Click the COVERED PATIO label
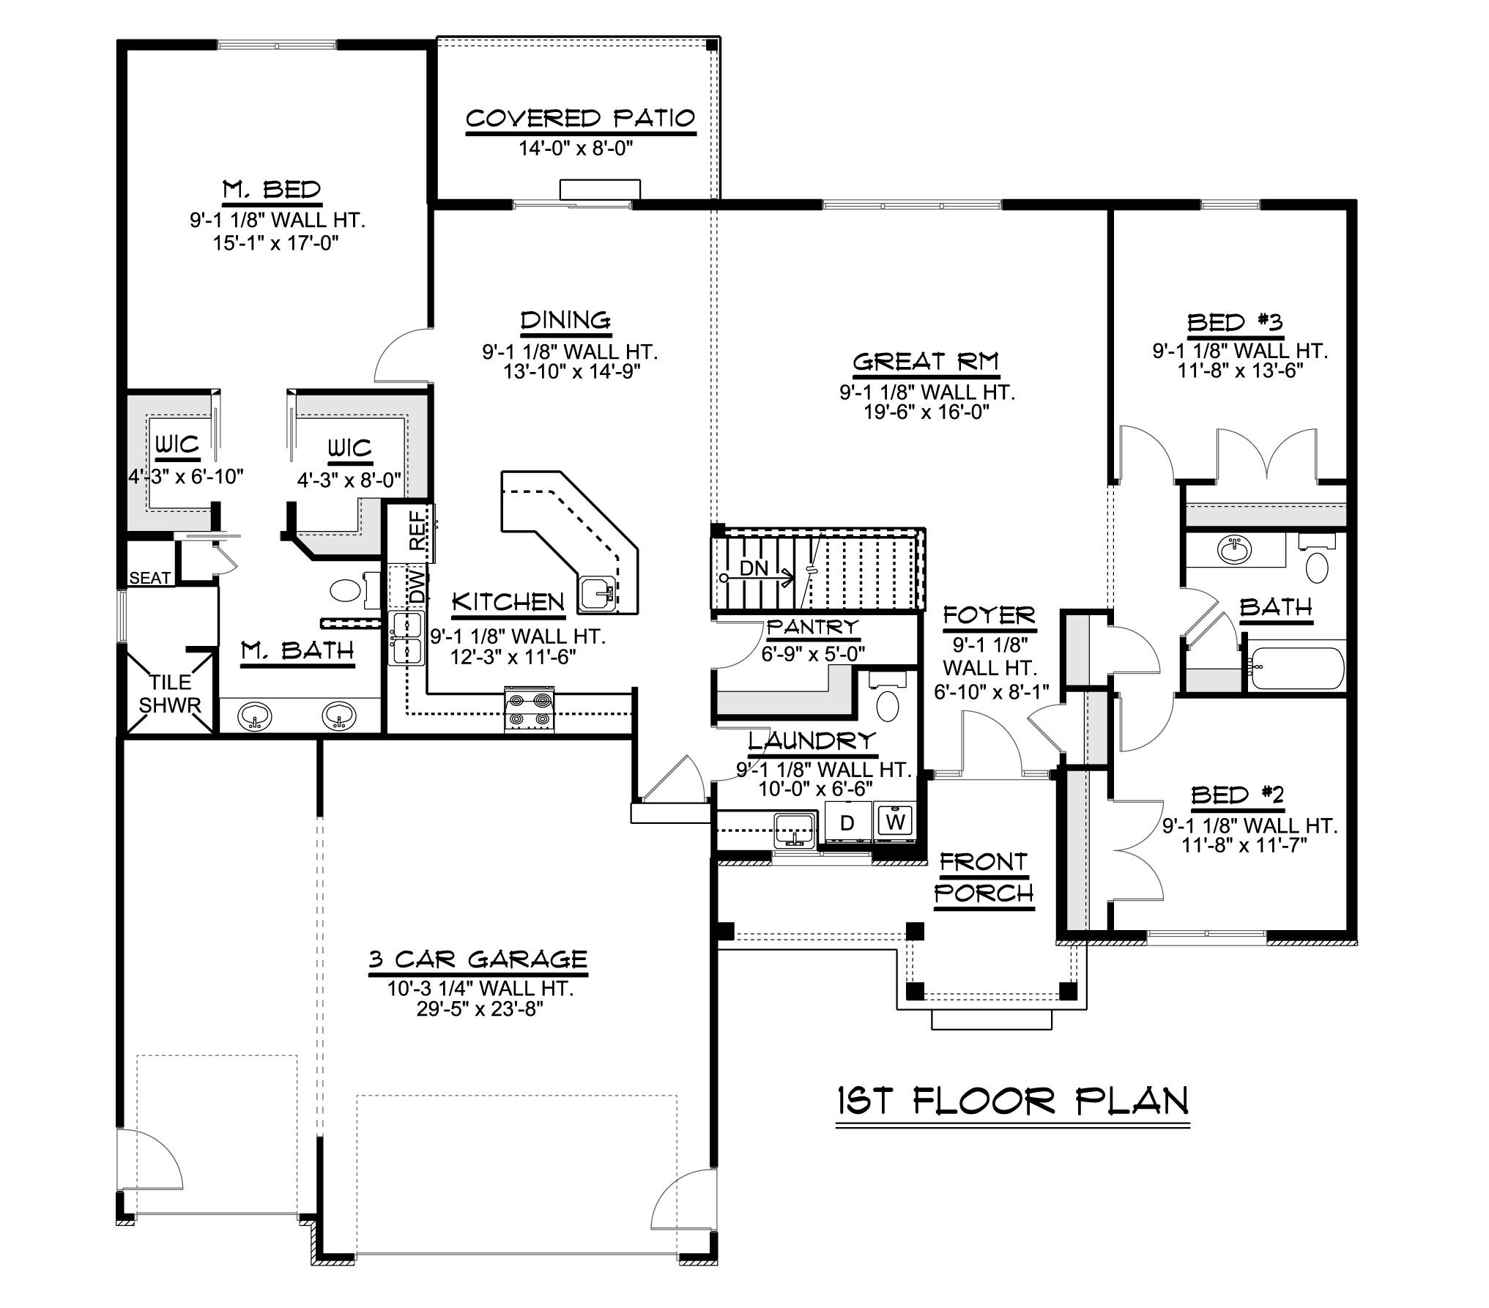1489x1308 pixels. [580, 119]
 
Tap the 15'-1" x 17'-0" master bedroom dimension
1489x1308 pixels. [276, 242]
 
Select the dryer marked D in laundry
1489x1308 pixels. [847, 822]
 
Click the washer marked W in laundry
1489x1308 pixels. [895, 821]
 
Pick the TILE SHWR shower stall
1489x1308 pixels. [170, 693]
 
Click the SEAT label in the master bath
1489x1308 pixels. [149, 578]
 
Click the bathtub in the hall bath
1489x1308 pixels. [1297, 667]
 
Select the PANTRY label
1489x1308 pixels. [812, 627]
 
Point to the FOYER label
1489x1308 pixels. [989, 615]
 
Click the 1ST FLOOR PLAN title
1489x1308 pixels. [1012, 1121]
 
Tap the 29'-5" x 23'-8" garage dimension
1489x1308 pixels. [480, 1010]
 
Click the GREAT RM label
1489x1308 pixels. [926, 362]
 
